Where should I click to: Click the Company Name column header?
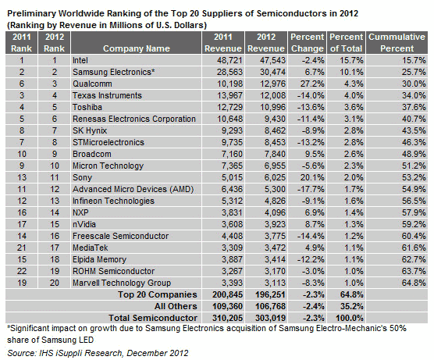[x=136, y=48]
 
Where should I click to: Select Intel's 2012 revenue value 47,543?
[x=272, y=60]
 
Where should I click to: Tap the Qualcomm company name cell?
[x=92, y=84]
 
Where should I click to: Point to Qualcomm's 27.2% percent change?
[x=312, y=84]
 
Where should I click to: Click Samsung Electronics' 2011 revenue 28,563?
[x=229, y=72]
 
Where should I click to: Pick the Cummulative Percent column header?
[x=397, y=43]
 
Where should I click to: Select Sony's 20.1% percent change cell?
[x=312, y=177]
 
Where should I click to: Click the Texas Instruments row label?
[x=107, y=95]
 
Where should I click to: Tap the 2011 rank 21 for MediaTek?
[x=22, y=248]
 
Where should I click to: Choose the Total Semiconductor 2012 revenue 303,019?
[x=270, y=318]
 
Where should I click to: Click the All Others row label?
[x=176, y=306]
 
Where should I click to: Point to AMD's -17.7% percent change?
[x=311, y=189]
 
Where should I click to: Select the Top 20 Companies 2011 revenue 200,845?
[x=227, y=294]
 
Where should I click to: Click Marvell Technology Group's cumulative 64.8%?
[x=414, y=283]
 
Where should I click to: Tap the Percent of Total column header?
[x=346, y=43]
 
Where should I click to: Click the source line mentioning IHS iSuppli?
[x=98, y=353]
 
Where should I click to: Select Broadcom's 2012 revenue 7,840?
[x=275, y=154]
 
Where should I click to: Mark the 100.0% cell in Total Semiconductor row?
[x=350, y=318]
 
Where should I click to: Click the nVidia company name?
[x=84, y=224]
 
